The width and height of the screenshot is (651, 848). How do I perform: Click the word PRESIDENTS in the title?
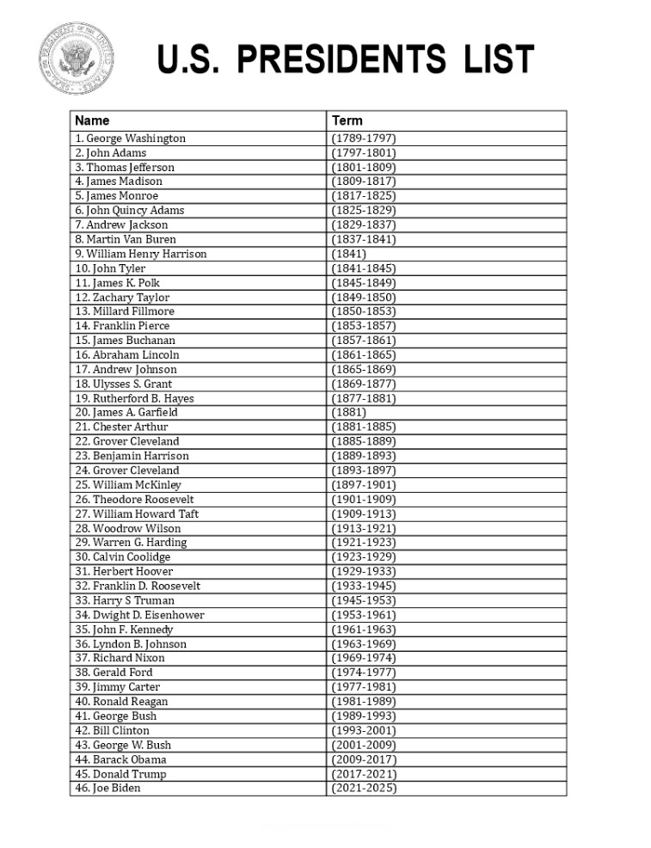tap(341, 61)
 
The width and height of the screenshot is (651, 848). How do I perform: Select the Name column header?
tap(92, 120)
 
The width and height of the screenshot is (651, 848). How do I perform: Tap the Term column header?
tap(347, 120)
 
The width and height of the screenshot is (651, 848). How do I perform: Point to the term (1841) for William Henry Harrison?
tap(348, 254)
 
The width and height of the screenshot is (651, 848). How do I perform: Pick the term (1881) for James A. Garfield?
tap(348, 412)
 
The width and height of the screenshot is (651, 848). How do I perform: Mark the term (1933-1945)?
tap(363, 586)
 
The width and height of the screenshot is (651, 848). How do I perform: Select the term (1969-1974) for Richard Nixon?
tap(363, 658)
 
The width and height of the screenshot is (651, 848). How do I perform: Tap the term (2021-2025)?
tap(363, 788)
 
